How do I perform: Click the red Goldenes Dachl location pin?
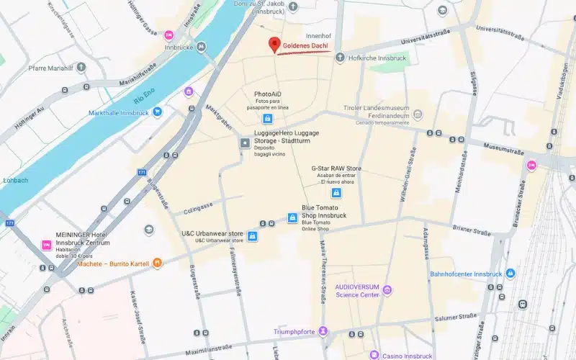(x=274, y=45)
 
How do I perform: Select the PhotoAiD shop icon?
(x=267, y=119)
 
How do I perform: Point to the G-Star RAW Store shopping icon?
(x=336, y=192)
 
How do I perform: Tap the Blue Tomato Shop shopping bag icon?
(x=292, y=217)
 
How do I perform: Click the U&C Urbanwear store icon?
(x=252, y=236)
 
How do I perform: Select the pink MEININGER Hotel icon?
(x=47, y=246)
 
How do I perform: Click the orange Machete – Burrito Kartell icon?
(x=158, y=264)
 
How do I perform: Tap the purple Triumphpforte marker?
(x=323, y=330)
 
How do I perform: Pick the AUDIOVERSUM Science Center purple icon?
(x=387, y=290)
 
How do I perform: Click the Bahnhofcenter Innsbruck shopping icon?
(x=510, y=274)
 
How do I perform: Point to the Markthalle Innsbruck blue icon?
(x=158, y=112)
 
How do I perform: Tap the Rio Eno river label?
(x=145, y=96)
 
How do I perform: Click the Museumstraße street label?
(x=501, y=146)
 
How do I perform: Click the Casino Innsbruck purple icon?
(x=374, y=354)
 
